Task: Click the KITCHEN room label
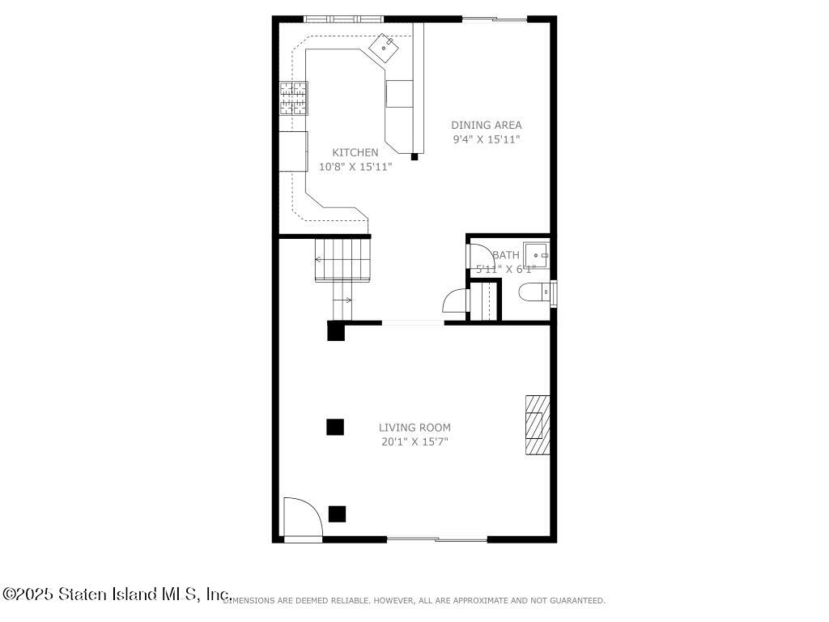tap(355, 152)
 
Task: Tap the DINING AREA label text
tap(486, 125)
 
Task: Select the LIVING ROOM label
tap(414, 428)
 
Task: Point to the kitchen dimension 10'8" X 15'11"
tap(355, 167)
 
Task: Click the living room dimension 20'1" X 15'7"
tap(414, 442)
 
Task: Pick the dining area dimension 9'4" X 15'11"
tap(486, 139)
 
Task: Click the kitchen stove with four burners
tap(294, 98)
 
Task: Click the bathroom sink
tap(535, 253)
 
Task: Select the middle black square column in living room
tap(335, 427)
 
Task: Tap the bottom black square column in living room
tap(337, 513)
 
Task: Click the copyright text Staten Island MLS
tap(117, 594)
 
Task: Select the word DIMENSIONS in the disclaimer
tap(249, 601)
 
